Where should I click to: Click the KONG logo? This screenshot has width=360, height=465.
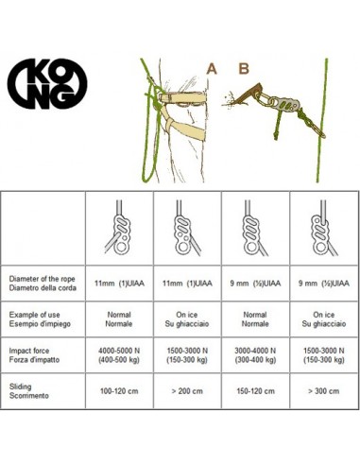pos(47,84)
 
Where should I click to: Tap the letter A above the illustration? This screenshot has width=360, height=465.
pos(212,69)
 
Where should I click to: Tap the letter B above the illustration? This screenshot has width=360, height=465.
pos(244,69)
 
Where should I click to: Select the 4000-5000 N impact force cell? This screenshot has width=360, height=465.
pos(119,355)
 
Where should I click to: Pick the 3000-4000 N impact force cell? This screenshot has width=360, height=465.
pos(255,355)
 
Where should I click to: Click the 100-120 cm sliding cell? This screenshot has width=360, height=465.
pos(119,391)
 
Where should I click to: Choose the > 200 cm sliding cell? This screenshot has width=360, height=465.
pos(187,391)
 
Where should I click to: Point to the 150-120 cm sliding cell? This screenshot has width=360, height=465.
pos(255,391)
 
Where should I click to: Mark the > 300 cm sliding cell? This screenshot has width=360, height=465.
pos(324,391)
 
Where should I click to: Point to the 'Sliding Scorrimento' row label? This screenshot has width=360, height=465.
pos(29,391)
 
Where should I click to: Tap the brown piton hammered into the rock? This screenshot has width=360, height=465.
pos(248,94)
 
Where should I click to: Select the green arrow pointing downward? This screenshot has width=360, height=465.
pos(278,126)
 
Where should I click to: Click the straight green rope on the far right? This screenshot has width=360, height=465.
pos(322,120)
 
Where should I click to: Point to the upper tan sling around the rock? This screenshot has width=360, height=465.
pos(182,97)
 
